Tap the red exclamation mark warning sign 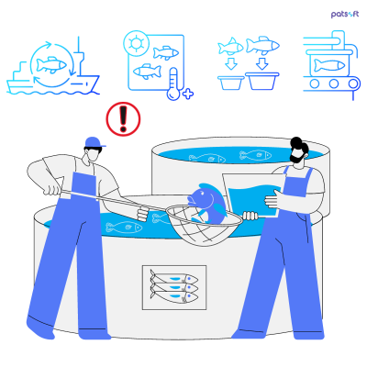click(121, 119)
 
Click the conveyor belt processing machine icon click(330, 64)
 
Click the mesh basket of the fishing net click(199, 228)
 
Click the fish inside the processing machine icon click(330, 65)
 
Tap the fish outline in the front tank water click(123, 227)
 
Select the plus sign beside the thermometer click(188, 94)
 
